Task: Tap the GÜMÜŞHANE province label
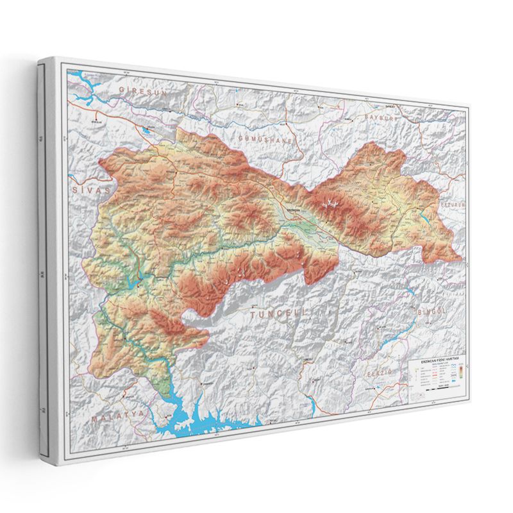pyautogui.click(x=265, y=139)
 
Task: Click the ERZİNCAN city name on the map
pyautogui.click(x=293, y=210)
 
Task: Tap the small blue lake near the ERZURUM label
pyautogui.click(x=425, y=218)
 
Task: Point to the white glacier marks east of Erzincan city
pyautogui.click(x=332, y=204)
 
